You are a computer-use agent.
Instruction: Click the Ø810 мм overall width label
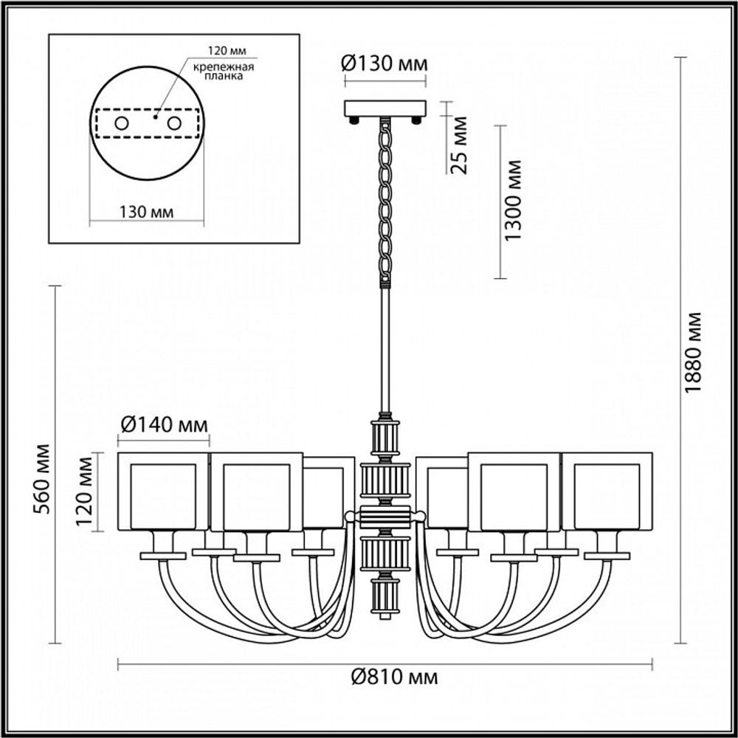384,676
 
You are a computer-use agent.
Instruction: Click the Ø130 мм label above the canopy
384,64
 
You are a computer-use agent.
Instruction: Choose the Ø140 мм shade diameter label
163,425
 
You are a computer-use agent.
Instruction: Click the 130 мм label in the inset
145,212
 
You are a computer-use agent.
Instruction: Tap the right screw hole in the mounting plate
174,123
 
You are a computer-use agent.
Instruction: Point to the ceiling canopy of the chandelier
385,108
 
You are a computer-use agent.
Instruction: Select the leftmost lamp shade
164,491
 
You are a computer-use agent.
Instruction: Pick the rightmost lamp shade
607,491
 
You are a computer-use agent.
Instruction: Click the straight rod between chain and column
384,347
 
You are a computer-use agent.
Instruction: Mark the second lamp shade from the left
257,491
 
